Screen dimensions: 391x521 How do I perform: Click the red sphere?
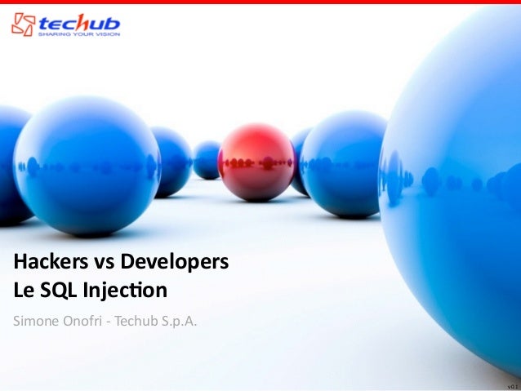tap(256, 162)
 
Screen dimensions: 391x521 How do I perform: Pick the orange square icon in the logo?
tap(22, 24)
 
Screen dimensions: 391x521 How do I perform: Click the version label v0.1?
tap(511, 384)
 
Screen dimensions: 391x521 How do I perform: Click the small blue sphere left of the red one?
tap(207, 159)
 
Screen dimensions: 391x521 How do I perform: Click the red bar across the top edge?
tap(260, 2)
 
